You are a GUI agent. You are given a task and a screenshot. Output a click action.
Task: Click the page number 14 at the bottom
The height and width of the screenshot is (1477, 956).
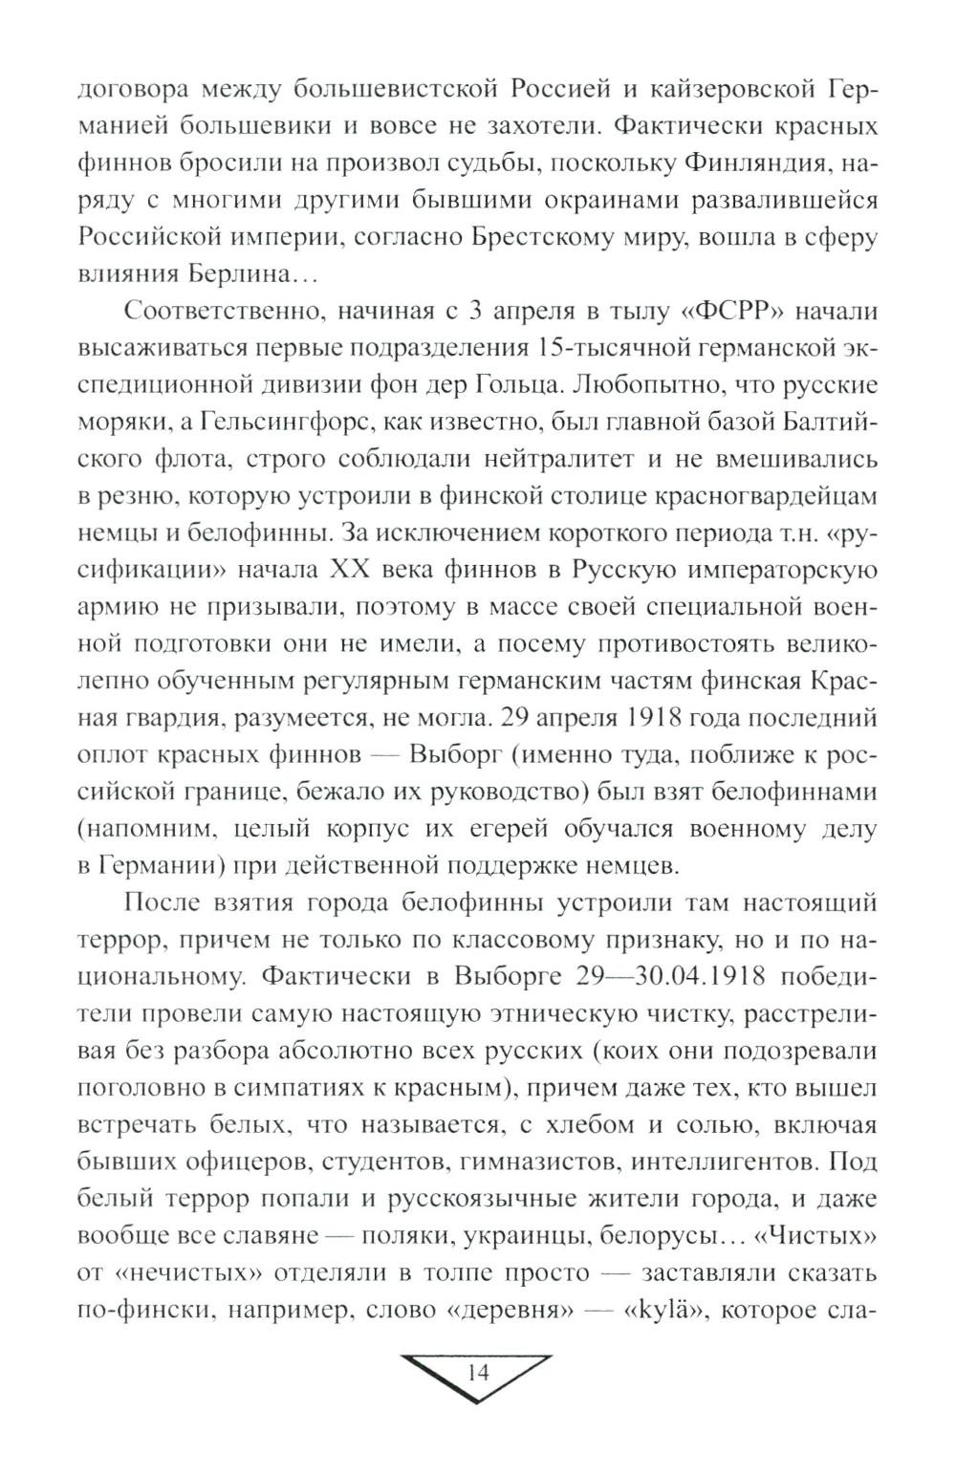click(x=478, y=1374)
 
